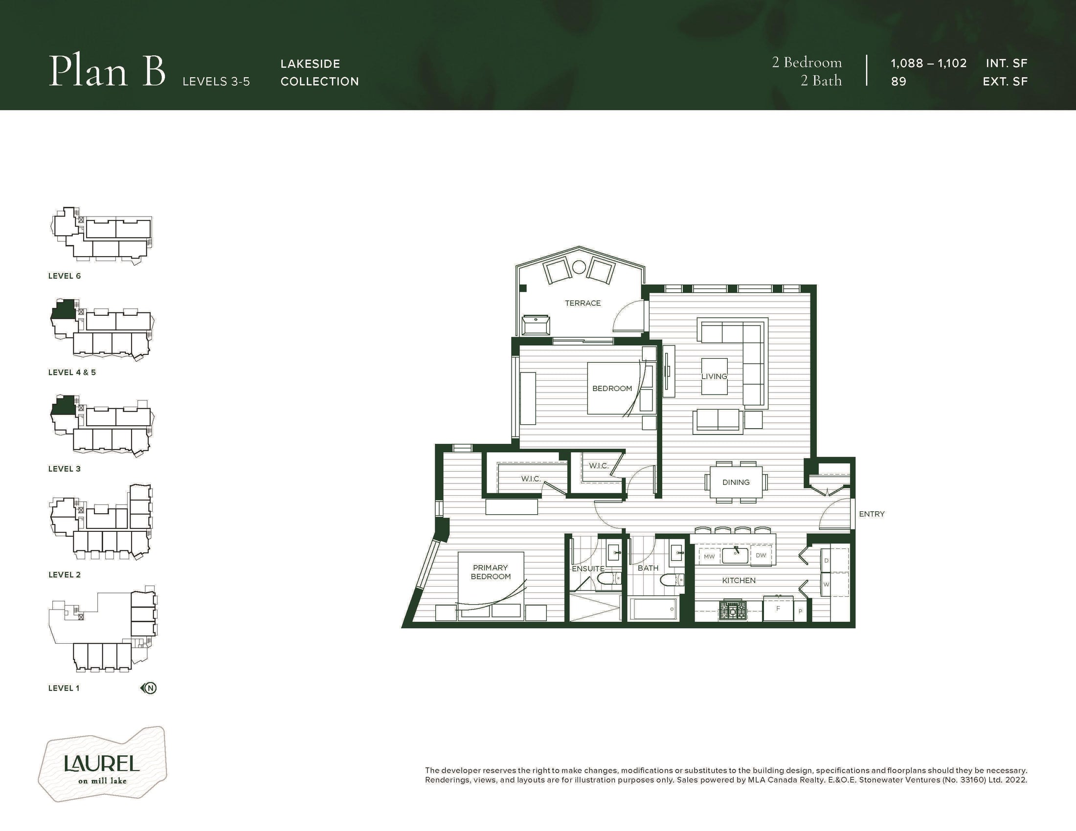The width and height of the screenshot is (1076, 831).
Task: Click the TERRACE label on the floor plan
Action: click(583, 303)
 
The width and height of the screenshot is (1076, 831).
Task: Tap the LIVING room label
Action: click(714, 376)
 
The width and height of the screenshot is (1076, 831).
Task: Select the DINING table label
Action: click(736, 482)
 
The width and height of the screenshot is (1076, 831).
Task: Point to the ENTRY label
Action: click(872, 514)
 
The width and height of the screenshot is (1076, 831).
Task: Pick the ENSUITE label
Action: click(588, 569)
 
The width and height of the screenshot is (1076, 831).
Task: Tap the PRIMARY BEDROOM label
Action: click(490, 572)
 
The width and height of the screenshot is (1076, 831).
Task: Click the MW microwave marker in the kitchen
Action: click(709, 556)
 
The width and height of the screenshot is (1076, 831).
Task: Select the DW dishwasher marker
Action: click(761, 555)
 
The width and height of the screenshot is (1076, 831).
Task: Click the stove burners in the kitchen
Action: click(733, 611)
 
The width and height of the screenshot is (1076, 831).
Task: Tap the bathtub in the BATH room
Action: click(653, 609)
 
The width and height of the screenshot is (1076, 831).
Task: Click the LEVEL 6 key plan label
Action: click(65, 276)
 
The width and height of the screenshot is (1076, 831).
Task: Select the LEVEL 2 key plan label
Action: click(65, 575)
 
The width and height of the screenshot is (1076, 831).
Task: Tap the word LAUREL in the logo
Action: click(102, 763)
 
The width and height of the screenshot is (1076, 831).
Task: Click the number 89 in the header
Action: click(898, 82)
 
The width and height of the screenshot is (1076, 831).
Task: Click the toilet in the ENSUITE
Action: click(607, 580)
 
